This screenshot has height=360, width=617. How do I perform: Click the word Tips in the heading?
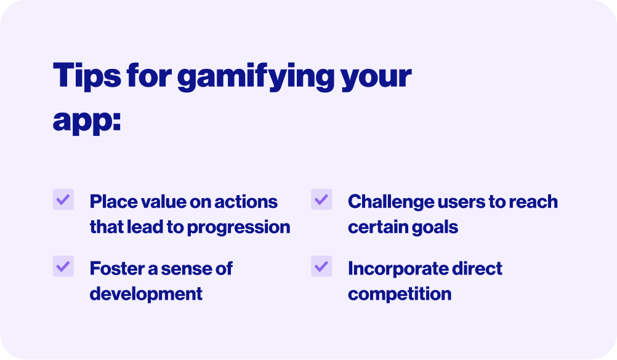point(87,75)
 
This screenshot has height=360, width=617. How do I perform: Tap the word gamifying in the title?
point(256,76)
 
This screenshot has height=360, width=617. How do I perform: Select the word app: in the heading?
point(87,121)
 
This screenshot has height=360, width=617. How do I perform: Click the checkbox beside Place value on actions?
point(63,199)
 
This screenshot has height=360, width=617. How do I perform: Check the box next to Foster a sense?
point(63,266)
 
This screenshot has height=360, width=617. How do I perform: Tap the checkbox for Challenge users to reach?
point(321,199)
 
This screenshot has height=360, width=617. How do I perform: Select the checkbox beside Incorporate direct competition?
point(321,266)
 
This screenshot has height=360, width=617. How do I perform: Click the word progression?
point(238,228)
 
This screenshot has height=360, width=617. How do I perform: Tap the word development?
point(146,295)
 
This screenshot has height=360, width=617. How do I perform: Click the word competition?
point(400,295)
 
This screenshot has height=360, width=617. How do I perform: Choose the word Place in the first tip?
point(113,202)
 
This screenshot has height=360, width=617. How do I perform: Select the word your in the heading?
point(377,78)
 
